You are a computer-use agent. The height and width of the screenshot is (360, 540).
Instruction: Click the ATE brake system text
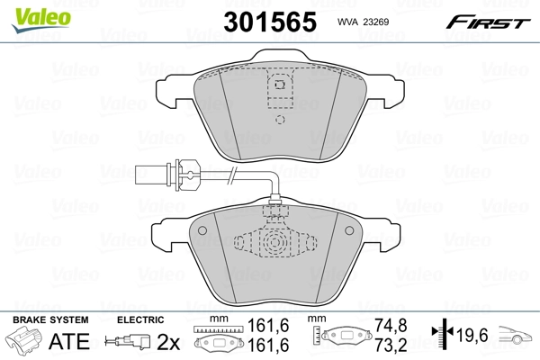[71, 341]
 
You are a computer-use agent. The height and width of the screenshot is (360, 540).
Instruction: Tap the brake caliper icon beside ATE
[26, 342]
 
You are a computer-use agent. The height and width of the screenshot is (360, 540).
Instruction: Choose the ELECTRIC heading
[139, 319]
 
